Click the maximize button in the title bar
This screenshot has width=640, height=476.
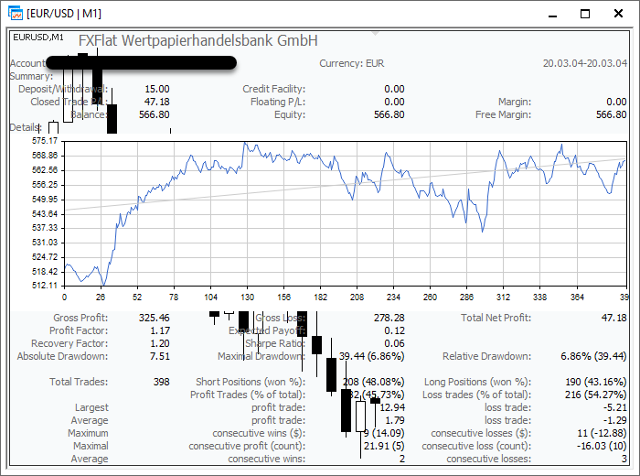(585, 13)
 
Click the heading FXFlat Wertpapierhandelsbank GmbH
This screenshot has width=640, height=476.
(198, 41)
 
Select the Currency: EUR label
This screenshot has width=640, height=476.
(352, 63)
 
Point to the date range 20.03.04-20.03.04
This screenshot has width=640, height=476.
(584, 63)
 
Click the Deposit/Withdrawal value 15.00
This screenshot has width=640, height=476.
(156, 89)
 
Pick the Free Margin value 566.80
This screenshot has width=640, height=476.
(610, 114)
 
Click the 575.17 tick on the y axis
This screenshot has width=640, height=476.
(45, 141)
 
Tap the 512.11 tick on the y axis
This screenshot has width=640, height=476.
(45, 286)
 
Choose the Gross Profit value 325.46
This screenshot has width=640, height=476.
(151, 318)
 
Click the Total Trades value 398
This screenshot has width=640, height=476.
(161, 382)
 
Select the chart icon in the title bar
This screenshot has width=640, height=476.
(14, 13)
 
